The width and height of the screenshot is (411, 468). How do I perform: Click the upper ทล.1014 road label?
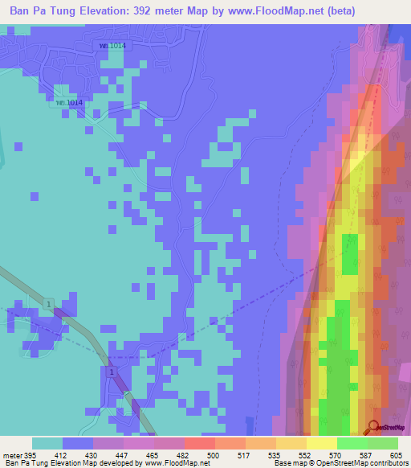coord(112,46)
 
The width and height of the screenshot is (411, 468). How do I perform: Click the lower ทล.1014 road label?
coord(69,102)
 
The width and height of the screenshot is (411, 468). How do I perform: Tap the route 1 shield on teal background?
coord(50,302)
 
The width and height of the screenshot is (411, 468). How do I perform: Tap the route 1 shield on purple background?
coord(112,371)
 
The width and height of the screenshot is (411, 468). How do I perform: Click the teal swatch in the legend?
coord(47,443)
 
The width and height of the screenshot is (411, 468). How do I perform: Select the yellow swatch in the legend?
coord(321,443)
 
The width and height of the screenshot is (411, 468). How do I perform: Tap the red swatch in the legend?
coord(199,443)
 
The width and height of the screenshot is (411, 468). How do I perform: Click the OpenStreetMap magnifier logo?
coord(374,427)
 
